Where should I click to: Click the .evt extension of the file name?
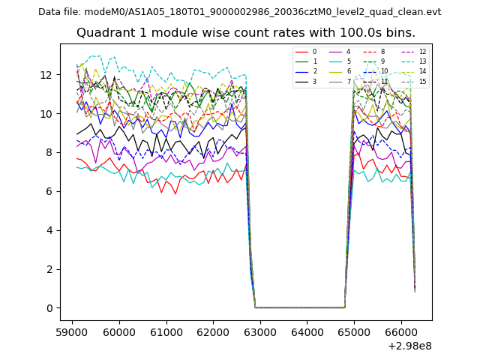[x=432, y=12]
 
